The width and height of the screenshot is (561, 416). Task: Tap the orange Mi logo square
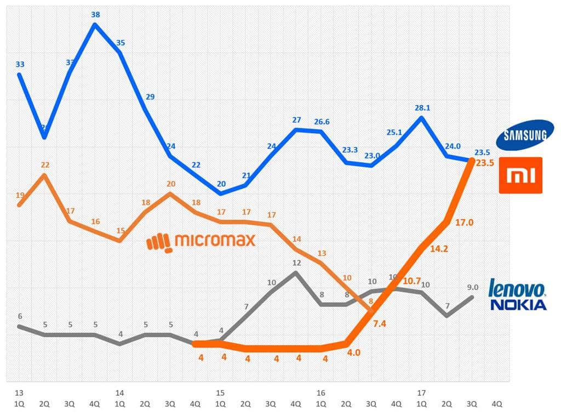(520, 175)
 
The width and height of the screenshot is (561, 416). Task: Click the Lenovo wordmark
(517, 289)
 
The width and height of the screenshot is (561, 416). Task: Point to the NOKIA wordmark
(518, 305)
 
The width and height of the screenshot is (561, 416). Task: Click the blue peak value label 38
(95, 15)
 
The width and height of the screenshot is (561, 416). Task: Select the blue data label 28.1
(423, 108)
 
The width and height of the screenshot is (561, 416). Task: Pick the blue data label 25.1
(394, 132)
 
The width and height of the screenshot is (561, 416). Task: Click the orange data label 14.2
(438, 248)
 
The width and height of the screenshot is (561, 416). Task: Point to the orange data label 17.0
(464, 223)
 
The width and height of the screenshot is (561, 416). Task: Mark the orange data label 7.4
(379, 324)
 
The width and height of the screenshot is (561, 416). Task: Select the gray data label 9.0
(473, 287)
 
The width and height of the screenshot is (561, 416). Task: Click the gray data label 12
(296, 263)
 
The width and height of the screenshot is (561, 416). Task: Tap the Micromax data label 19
(20, 195)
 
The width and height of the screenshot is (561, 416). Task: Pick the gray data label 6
(20, 316)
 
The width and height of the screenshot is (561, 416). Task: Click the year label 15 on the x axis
(220, 393)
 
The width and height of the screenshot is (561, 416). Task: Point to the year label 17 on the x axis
(421, 393)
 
